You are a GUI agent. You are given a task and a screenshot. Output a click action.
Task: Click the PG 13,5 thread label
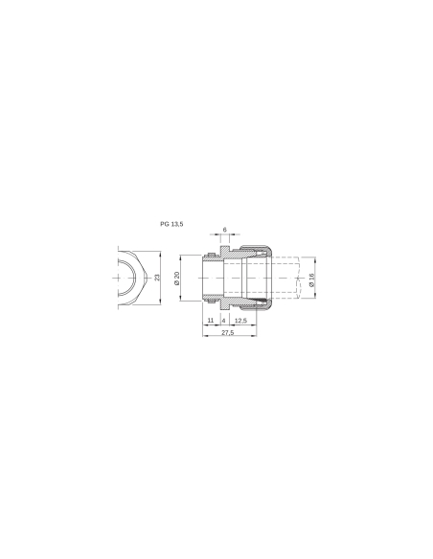(173, 223)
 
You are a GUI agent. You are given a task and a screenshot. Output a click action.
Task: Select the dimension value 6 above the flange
(224, 230)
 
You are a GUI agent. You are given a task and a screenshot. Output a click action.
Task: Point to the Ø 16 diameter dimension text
(311, 279)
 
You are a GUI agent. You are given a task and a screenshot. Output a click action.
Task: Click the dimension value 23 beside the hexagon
(158, 278)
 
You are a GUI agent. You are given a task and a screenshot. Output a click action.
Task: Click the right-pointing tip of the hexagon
(146, 278)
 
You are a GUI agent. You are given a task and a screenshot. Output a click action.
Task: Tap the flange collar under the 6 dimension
(224, 251)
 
